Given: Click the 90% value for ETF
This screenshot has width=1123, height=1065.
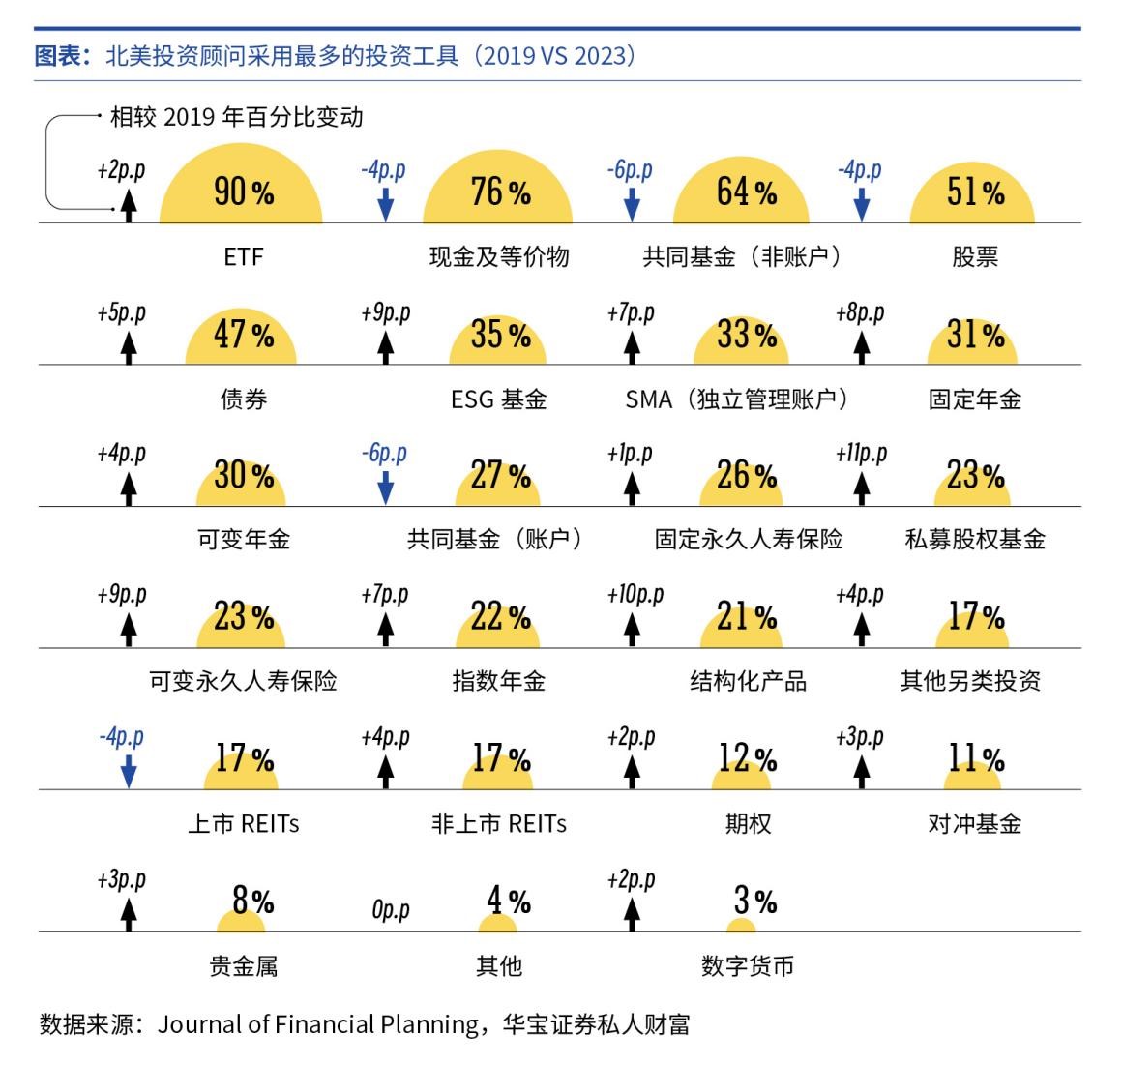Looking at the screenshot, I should click(x=243, y=192).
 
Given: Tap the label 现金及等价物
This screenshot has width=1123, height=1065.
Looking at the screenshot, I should click(x=499, y=257).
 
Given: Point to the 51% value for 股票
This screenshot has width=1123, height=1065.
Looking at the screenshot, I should click(x=975, y=192).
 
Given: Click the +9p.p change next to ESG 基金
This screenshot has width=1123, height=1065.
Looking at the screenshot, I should click(x=385, y=313).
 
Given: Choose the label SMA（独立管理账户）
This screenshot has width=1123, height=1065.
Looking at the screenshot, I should click(x=737, y=399).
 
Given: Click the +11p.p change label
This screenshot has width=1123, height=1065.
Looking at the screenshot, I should click(x=861, y=453).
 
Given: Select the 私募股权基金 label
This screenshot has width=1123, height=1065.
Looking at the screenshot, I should click(x=975, y=540).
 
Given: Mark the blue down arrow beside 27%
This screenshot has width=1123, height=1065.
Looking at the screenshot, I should click(x=385, y=488).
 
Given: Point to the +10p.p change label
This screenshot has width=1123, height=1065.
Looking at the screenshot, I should click(x=635, y=594).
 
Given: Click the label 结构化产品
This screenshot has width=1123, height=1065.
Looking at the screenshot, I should click(x=748, y=681).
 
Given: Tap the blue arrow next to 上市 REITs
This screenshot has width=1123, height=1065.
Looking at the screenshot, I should click(x=129, y=772).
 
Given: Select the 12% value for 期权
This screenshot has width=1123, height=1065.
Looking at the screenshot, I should click(x=747, y=759).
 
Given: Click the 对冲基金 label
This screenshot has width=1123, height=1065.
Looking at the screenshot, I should click(x=975, y=824).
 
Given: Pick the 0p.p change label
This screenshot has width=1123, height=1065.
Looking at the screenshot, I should click(x=390, y=910).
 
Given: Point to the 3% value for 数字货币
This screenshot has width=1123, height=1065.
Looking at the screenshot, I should click(x=754, y=902).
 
